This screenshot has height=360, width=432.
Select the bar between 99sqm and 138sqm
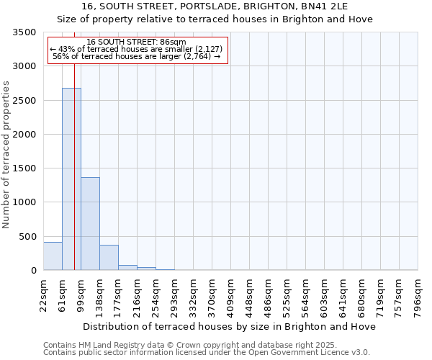coord(90,223)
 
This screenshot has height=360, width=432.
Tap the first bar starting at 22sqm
coord(53,256)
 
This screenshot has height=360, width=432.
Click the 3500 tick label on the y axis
coord(24,33)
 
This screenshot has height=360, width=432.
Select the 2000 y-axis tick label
coord(24,135)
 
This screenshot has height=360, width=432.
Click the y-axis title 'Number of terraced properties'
coord(6,155)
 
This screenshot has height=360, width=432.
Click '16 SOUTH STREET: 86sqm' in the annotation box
coord(136,42)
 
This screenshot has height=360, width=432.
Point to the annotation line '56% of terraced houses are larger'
coord(136,56)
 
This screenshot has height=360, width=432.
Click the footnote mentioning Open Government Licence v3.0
coord(207,353)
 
